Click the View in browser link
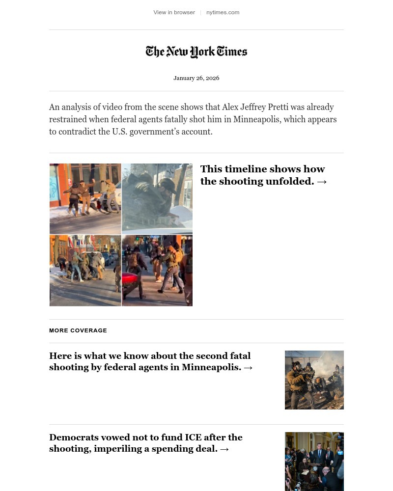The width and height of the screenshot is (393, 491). [x=174, y=12]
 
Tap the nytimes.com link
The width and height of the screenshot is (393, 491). [x=223, y=12]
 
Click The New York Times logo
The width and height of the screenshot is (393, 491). [x=196, y=52]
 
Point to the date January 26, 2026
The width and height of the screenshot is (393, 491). [x=196, y=78]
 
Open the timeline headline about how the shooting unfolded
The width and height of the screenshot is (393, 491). [x=262, y=175]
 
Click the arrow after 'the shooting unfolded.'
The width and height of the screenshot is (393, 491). [x=322, y=182]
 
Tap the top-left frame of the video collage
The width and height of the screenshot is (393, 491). [x=85, y=198]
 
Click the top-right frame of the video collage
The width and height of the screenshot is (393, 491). [x=157, y=198]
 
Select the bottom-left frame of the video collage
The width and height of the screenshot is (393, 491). [x=85, y=271]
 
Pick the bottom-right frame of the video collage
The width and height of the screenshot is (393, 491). [x=157, y=271]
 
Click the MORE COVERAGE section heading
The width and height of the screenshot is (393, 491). [x=78, y=330]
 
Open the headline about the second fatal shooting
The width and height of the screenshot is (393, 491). [x=150, y=361]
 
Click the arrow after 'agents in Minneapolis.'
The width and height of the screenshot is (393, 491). [x=248, y=368]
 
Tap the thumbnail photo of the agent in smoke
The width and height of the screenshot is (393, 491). [x=314, y=380]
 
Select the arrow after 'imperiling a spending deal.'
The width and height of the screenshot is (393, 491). [x=225, y=449]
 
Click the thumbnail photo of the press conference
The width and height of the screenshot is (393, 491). [x=314, y=462]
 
